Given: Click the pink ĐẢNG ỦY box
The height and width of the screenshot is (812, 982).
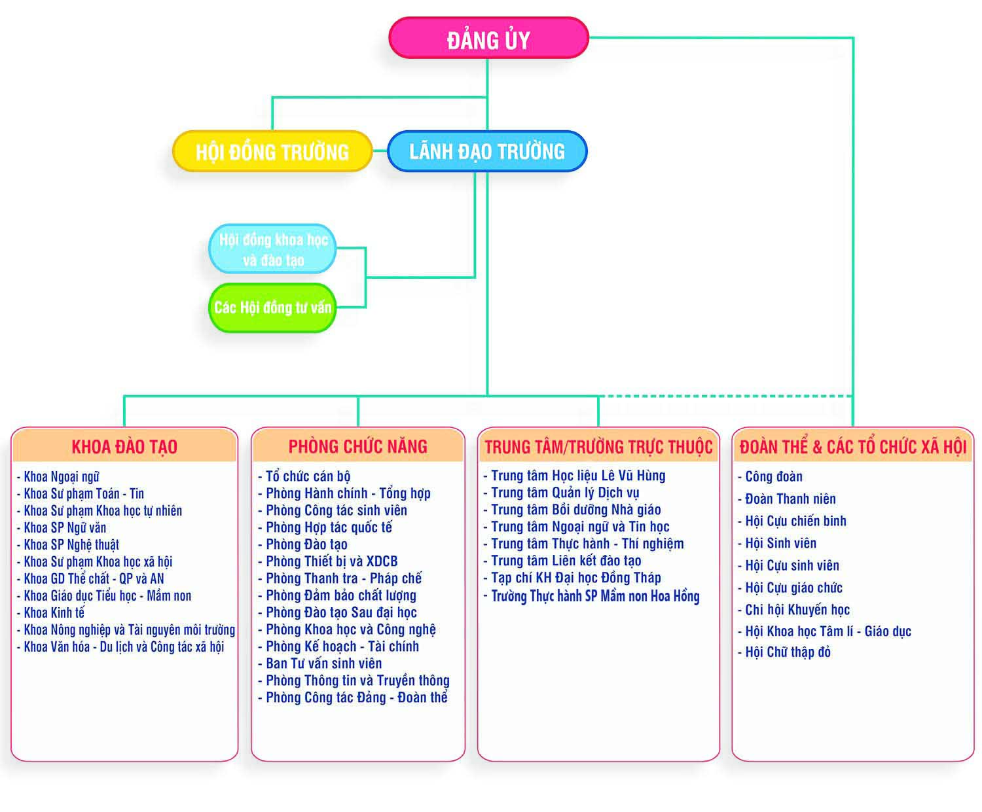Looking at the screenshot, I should (x=488, y=39).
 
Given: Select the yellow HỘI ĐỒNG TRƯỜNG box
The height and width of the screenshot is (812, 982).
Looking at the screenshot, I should (x=272, y=152).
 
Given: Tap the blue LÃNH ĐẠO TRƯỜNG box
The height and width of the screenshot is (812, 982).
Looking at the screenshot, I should (x=487, y=151).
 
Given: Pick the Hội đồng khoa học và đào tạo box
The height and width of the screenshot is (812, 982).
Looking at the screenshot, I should (x=272, y=249).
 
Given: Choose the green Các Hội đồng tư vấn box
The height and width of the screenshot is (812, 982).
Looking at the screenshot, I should (x=272, y=308).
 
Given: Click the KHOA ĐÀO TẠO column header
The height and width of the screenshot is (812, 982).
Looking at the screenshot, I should (x=124, y=446).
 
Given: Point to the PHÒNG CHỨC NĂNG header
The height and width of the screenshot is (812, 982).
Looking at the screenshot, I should (x=357, y=446).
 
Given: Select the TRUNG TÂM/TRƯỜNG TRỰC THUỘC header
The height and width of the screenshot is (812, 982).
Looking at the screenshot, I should (x=598, y=446).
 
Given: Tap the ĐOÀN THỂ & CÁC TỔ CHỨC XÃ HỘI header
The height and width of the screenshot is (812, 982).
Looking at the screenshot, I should (x=852, y=446).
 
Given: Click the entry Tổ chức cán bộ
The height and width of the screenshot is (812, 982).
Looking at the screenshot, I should (x=308, y=476).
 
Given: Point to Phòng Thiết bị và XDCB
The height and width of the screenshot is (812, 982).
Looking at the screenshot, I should (x=331, y=561).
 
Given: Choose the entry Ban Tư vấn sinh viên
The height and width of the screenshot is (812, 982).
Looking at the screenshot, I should (x=323, y=663).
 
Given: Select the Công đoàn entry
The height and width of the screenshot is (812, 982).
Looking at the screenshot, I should (x=773, y=476).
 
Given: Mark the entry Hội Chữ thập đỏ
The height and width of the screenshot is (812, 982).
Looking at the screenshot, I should (x=788, y=652).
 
